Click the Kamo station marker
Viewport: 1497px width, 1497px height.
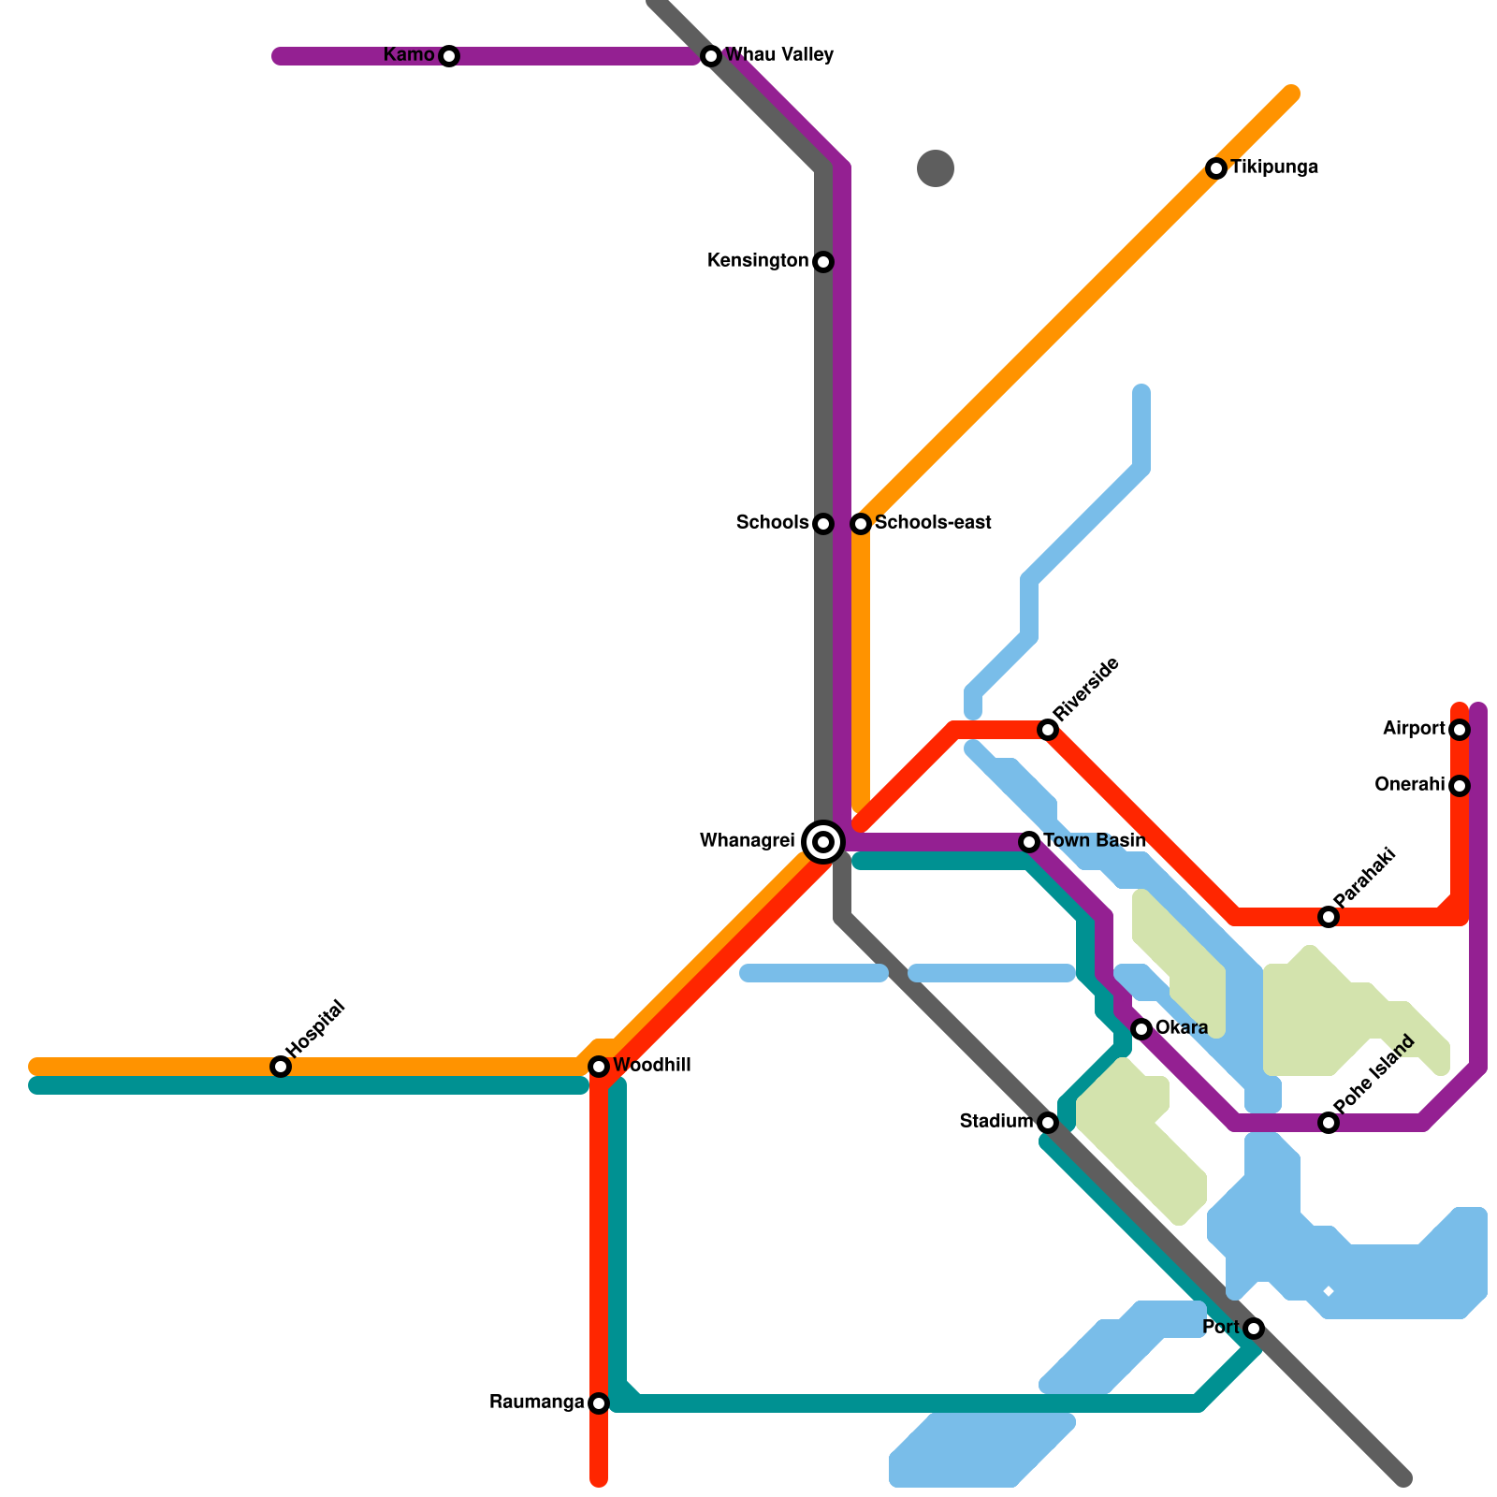449,56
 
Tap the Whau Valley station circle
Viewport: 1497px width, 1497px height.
711,56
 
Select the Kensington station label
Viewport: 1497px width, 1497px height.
757,261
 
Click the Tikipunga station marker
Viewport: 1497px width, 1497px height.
1216,168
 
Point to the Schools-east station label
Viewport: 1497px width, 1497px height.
933,523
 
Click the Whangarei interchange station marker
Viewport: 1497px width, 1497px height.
823,842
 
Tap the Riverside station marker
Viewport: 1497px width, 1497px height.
1048,730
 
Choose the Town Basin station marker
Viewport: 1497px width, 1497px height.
1029,842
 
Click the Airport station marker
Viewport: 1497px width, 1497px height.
1460,730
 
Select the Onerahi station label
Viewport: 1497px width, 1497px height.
1409,785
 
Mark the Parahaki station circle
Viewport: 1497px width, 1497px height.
1329,917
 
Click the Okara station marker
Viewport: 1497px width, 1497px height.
1141,1029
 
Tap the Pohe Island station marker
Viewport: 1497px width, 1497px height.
1329,1123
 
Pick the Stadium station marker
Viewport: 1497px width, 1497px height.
1048,1123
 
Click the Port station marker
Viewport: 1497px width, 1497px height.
1254,1329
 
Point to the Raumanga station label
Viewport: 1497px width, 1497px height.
536,1403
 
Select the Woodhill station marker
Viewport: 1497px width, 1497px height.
599,1067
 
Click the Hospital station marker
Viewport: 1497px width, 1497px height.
281,1067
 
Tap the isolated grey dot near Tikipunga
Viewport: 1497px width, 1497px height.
936,168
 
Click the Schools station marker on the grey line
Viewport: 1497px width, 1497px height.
823,524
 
